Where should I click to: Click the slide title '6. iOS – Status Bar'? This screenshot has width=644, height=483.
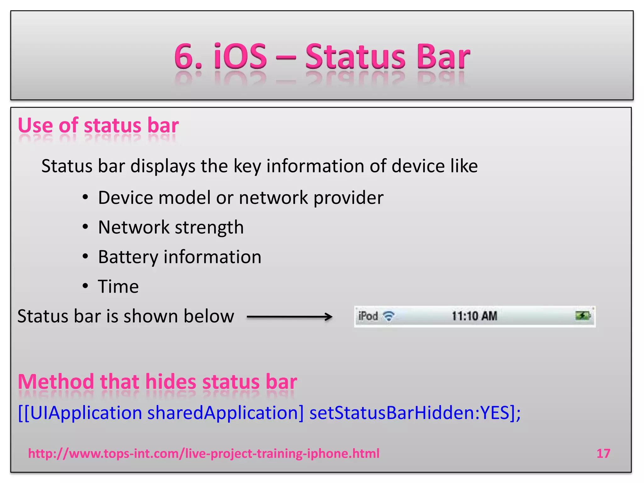point(322,57)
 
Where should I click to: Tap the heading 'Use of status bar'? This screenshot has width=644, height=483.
point(98,125)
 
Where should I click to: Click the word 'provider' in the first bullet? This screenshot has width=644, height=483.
point(348,198)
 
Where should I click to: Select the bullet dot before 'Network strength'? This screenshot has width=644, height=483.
point(85,227)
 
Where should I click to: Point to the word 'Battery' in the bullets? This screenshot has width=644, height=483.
point(128,257)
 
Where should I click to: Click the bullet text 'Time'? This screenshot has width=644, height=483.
point(118,286)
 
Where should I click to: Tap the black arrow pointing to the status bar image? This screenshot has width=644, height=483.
point(289,317)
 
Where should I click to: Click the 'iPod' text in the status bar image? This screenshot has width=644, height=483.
point(368,316)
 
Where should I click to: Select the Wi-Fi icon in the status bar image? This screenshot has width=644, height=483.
point(389,316)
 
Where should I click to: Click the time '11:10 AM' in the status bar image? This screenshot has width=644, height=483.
point(474,316)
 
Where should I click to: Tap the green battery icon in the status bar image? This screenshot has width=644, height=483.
point(583,315)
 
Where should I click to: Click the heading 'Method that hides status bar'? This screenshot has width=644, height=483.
point(157,382)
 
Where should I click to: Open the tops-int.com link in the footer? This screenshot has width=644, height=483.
point(204,453)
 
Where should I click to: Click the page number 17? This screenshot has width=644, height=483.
point(603,453)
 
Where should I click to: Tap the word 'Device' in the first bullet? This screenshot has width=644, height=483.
point(125,198)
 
